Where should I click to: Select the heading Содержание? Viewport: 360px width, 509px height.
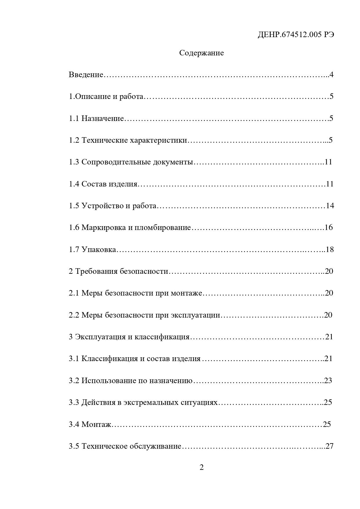coord(201,53)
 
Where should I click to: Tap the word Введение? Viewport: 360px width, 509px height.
coord(86,75)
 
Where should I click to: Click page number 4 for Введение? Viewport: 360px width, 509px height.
coord(331,75)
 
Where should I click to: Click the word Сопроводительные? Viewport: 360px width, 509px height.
coord(116,162)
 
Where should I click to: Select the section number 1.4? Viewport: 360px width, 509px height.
coord(74,184)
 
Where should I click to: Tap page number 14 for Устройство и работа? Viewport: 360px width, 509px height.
coord(330,206)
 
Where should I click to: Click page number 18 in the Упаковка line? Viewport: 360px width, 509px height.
coord(330,249)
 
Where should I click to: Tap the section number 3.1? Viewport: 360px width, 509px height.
coord(74,359)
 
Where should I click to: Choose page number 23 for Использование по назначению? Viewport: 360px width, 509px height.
coord(328,381)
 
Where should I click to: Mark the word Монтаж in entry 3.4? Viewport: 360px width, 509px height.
coord(96,425)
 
